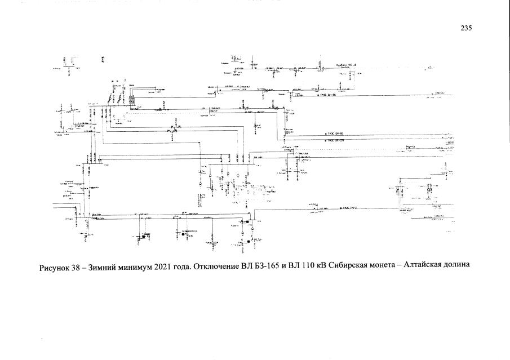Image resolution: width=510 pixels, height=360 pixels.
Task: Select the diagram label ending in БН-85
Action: click(337, 134)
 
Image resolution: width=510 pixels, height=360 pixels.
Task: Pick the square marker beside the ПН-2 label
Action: click(337, 208)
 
